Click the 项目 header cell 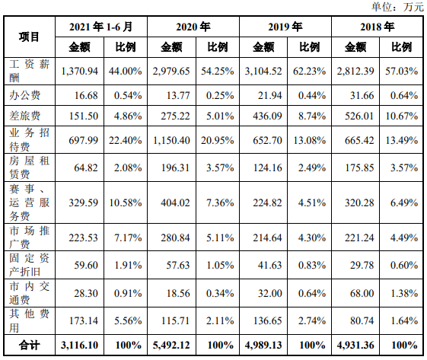point(29,37)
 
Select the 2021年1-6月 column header point(100,27)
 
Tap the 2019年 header point(285,27)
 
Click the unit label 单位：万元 point(397,7)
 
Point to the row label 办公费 point(25,95)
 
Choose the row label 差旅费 point(25,116)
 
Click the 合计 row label point(29,345)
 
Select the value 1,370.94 point(79,72)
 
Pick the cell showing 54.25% point(218,72)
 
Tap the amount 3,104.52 point(263,72)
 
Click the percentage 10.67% point(402,116)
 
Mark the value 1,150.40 point(171,141)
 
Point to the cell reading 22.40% point(126,141)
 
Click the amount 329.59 point(83,203)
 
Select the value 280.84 point(175,237)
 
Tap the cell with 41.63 point(270,265)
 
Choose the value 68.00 point(362,293)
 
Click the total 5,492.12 point(171,346)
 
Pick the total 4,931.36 point(355,346)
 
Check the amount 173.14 point(83,320)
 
